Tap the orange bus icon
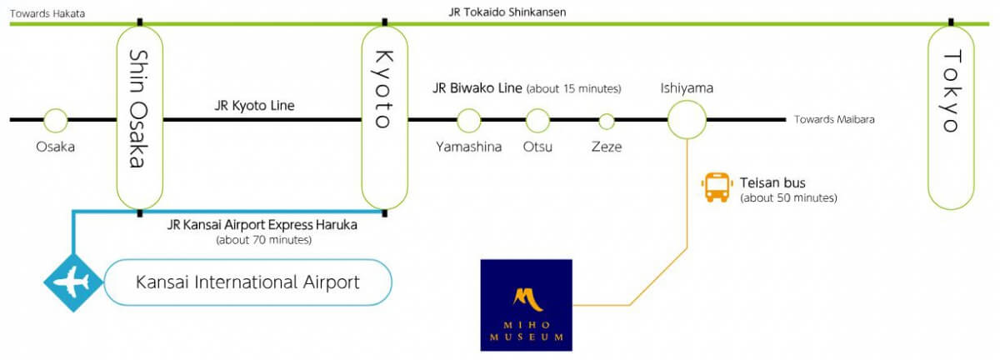point(717,187)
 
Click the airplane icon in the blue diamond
point(72,282)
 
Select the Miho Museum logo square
point(527,305)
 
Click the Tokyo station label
point(952,92)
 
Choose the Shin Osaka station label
point(139,108)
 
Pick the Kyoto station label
point(384,89)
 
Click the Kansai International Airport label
point(247,282)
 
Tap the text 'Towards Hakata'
point(47,13)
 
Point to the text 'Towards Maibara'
point(834,119)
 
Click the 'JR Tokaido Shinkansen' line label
point(507,12)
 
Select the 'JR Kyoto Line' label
point(254,105)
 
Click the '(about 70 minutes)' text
point(264,240)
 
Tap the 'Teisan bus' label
point(772,182)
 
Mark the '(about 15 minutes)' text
point(573,88)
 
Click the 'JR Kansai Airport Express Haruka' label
point(262,225)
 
